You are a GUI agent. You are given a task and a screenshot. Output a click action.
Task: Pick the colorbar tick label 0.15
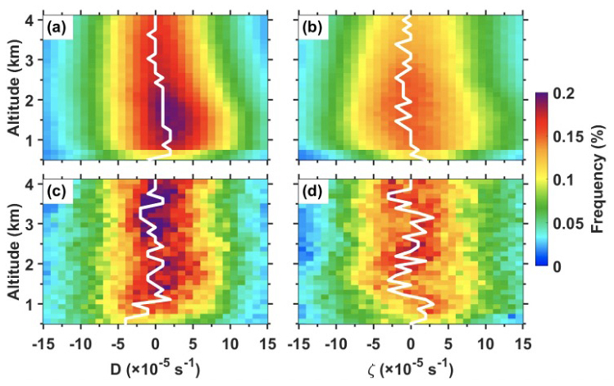point(575,138)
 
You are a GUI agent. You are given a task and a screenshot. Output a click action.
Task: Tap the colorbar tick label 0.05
point(575,224)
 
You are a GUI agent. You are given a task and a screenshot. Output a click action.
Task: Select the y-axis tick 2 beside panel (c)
point(30,264)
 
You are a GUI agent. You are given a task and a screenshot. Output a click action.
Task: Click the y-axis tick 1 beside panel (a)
point(30,140)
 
